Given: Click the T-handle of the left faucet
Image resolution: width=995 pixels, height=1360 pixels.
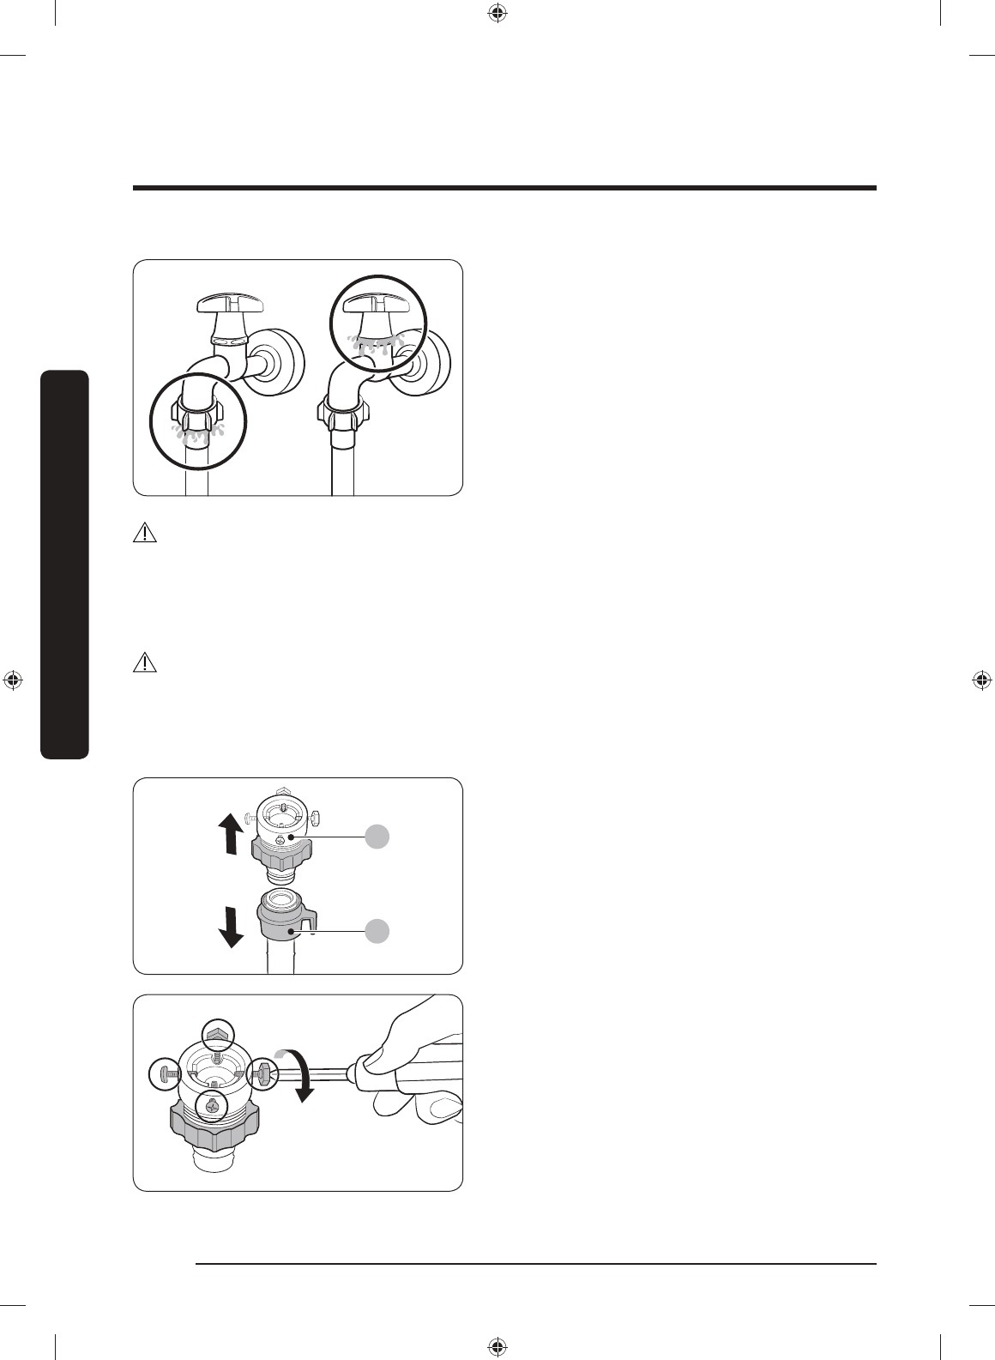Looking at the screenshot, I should click(229, 303).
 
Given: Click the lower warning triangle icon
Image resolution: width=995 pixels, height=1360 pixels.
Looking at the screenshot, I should click(145, 663).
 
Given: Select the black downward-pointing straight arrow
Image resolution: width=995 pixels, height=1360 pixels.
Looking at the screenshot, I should click(230, 927).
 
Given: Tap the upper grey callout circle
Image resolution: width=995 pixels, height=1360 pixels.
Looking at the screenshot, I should click(376, 836).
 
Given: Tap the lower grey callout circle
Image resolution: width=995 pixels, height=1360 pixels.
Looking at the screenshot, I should click(376, 931).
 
